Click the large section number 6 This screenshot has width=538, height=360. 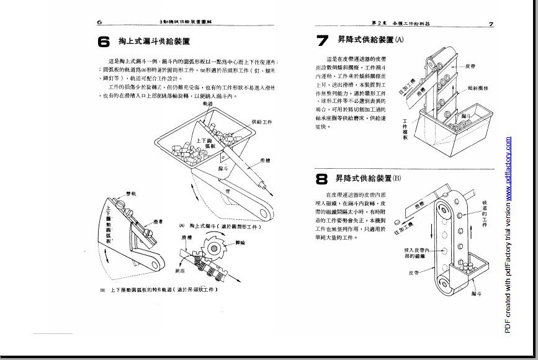tap(103, 42)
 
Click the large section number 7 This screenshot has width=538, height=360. tap(322, 41)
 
